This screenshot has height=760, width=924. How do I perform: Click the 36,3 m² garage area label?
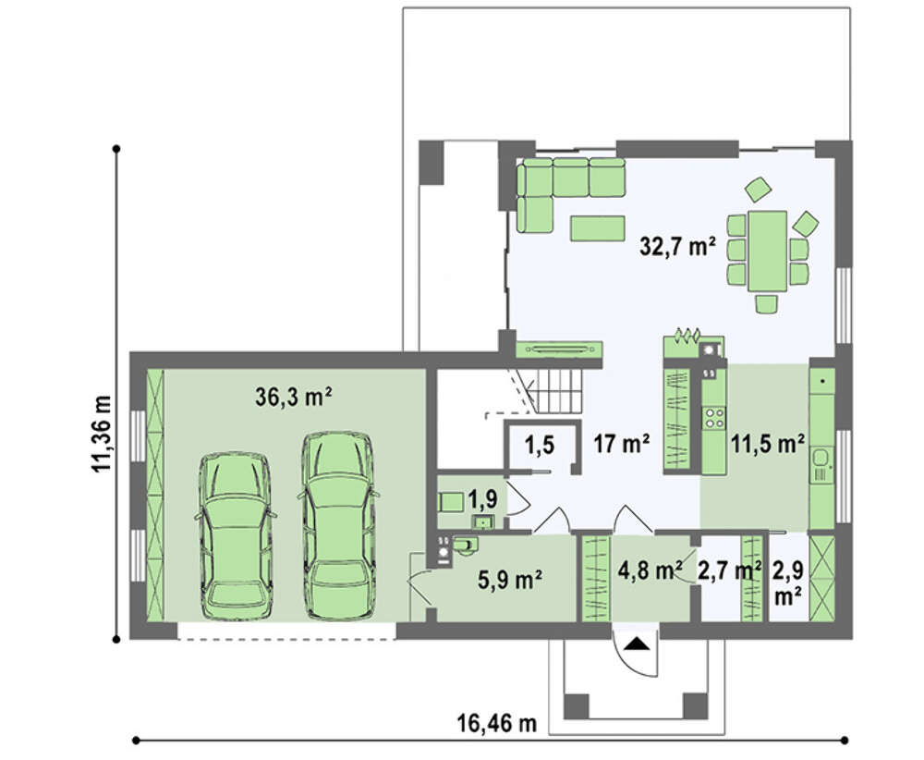click(293, 398)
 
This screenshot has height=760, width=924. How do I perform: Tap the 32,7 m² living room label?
click(677, 246)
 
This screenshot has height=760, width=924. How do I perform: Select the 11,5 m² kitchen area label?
click(768, 444)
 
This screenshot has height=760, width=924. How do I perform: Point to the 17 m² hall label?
click(622, 444)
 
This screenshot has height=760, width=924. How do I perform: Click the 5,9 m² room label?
click(510, 581)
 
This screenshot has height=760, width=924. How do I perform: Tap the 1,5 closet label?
click(540, 445)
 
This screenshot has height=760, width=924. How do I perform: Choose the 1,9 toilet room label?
click(483, 498)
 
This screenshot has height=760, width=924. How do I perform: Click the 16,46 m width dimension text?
click(497, 722)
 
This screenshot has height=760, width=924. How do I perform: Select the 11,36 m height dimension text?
click(102, 434)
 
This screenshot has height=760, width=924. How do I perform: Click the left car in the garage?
click(236, 536)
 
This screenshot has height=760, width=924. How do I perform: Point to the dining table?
click(767, 251)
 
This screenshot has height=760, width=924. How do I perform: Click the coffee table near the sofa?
click(598, 228)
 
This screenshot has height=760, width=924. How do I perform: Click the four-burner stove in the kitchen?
click(714, 417)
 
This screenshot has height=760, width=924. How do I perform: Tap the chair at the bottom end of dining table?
click(766, 303)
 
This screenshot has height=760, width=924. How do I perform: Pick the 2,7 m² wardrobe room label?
click(729, 570)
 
